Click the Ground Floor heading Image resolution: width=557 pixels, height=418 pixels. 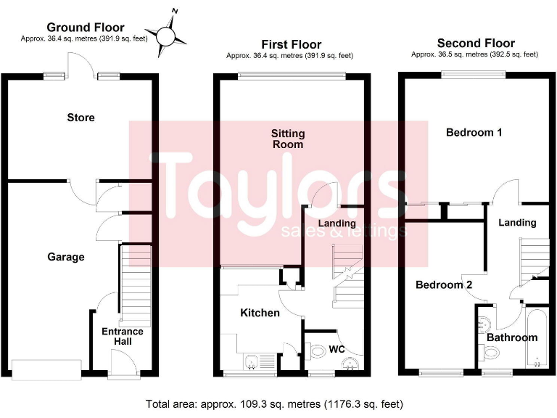86,28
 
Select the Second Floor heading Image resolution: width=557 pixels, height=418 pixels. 475,44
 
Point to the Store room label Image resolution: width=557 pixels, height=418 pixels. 81,118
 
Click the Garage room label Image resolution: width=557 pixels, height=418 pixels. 66,257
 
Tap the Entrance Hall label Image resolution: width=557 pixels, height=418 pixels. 122,337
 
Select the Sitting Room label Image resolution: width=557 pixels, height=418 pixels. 288,139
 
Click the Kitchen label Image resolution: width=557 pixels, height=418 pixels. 260,313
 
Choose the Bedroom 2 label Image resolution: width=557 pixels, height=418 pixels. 444,285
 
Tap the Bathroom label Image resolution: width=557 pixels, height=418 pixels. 512,337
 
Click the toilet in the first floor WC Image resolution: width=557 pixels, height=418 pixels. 316,352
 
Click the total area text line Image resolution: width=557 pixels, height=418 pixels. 274,403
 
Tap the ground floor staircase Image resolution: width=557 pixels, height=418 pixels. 135,283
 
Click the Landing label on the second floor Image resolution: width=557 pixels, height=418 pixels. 517,223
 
